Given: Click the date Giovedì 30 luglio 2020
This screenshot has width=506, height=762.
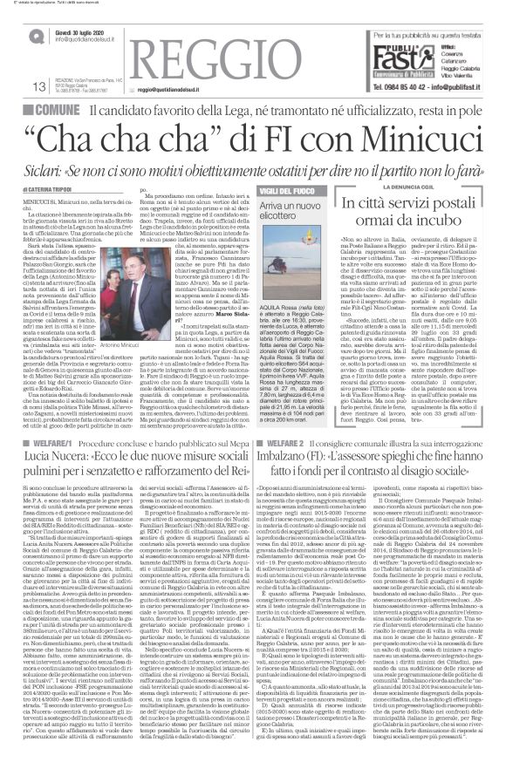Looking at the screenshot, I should (x=86, y=32).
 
